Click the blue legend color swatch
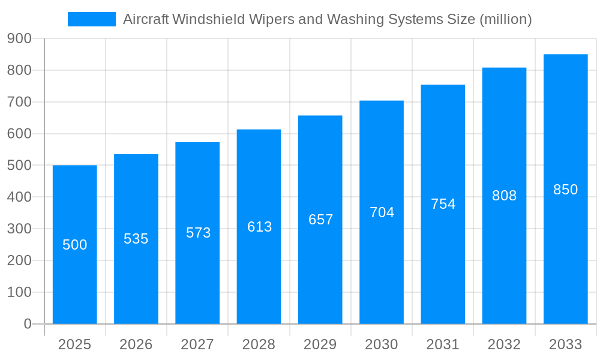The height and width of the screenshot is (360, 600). coord(91,19)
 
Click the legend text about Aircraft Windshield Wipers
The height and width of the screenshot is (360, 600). coord(327,19)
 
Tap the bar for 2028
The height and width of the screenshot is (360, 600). coord(259,270)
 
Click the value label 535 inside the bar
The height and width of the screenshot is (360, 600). coord(136,239)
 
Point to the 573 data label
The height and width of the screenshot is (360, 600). coord(198,233)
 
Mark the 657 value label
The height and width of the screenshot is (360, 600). coord(320,220)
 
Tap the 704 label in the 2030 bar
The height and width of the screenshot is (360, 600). coord(382,212)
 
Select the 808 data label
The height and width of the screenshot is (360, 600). coord(504,196)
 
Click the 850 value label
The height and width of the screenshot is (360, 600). coord(565,190)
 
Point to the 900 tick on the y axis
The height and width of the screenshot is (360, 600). coord(19,38)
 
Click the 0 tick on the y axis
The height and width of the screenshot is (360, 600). coord(27,324)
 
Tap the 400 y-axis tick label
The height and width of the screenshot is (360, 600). coord(19,197)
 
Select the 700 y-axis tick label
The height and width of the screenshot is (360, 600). coord(19,102)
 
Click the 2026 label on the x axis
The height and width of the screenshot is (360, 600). coord(136,344)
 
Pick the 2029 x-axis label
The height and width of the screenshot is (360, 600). coord(320,344)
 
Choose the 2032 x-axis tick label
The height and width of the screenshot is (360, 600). coord(504,344)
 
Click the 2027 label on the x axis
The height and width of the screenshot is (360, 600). coord(197,344)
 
